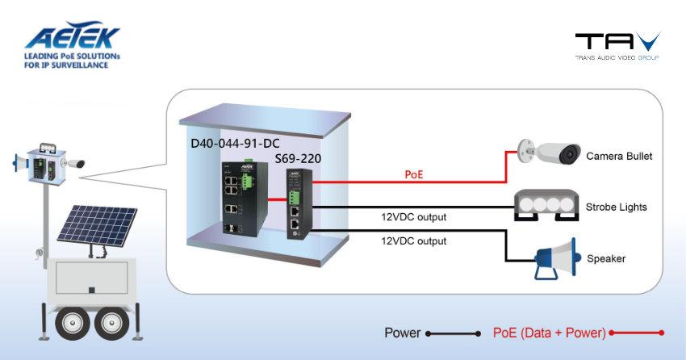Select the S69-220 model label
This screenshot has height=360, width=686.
[298, 159]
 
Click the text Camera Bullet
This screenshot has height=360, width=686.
[619, 155]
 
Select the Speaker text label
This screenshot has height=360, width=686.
[606, 259]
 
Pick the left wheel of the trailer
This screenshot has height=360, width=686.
[71, 324]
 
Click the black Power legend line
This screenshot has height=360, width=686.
[454, 333]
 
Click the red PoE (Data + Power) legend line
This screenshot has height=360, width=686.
[637, 333]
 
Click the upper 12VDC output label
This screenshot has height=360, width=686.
[413, 217]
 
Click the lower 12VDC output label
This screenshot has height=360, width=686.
[413, 241]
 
